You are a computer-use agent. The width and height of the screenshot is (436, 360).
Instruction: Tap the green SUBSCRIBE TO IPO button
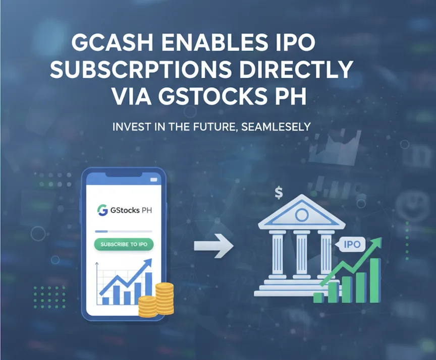tap(124, 245)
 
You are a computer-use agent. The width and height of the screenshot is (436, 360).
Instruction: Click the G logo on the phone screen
tap(102, 211)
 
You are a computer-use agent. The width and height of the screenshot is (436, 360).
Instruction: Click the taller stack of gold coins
tap(165, 297)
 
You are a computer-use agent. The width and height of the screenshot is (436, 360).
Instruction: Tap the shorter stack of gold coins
tap(148, 306)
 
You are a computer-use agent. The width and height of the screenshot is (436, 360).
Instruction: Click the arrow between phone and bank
tap(214, 247)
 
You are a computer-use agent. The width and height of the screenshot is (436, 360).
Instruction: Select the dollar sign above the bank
tap(279, 192)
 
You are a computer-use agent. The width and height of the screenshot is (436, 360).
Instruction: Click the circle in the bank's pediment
tap(302, 215)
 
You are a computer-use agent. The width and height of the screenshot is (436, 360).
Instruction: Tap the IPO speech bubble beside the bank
tap(351, 245)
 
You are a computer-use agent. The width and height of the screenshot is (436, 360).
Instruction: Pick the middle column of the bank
tap(302, 257)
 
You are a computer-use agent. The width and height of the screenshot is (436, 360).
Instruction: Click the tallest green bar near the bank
tap(374, 280)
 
